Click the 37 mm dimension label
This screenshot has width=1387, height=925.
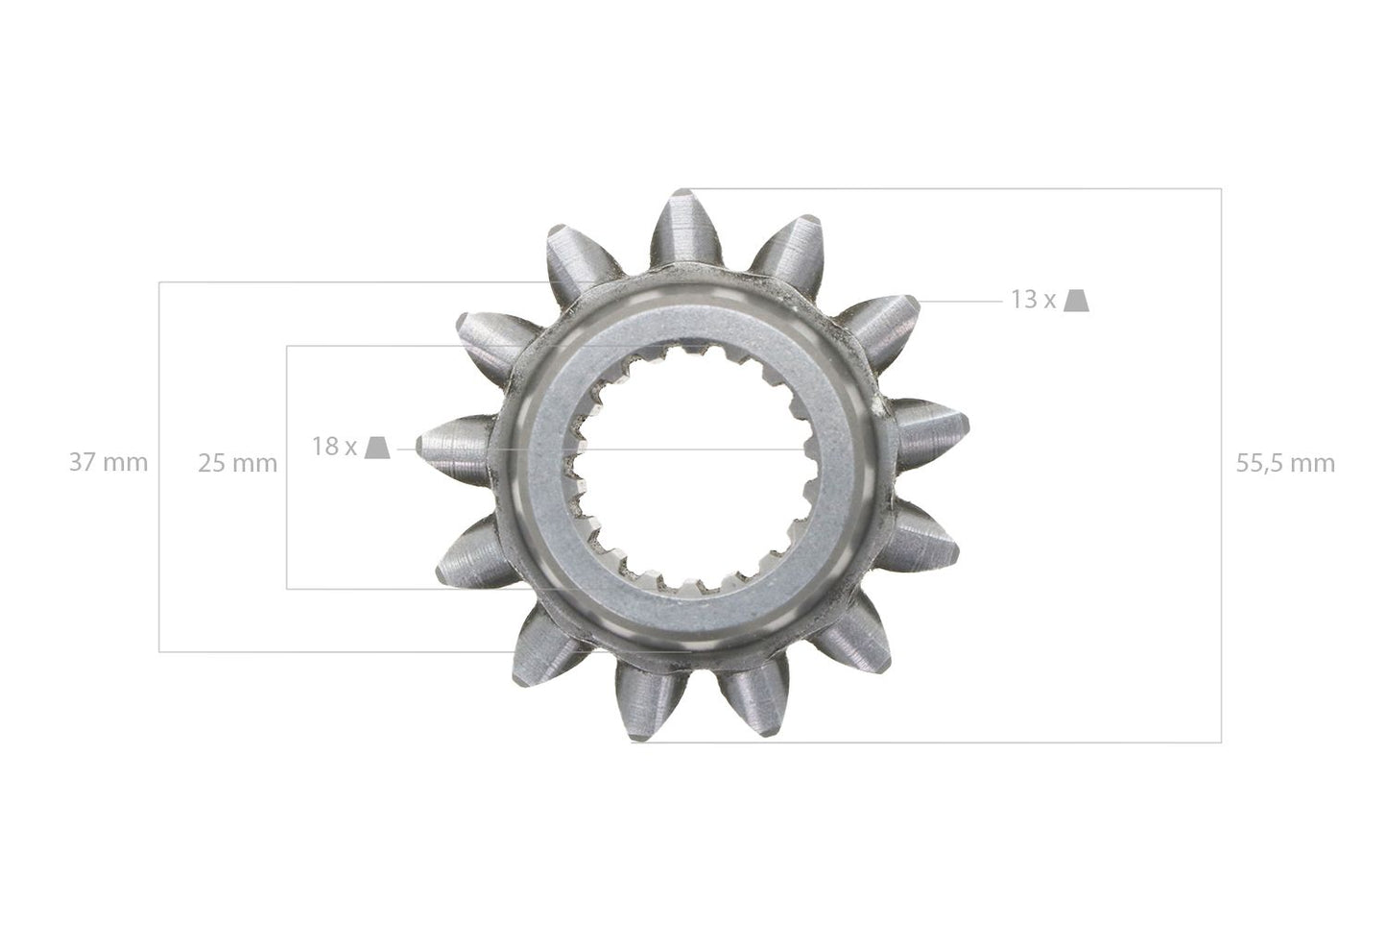[x=108, y=463]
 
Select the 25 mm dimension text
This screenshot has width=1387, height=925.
[x=237, y=463]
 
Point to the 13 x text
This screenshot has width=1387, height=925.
[x=1032, y=300]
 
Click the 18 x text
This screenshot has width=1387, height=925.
[x=334, y=447]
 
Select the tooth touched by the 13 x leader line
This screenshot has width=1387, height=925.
[x=883, y=322]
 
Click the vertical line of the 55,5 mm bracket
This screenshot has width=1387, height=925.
[x=1221, y=576]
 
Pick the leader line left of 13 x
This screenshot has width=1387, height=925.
[x=960, y=301]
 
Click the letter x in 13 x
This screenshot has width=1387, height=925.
[x=1049, y=301]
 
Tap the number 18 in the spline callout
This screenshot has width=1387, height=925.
[x=323, y=447]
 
